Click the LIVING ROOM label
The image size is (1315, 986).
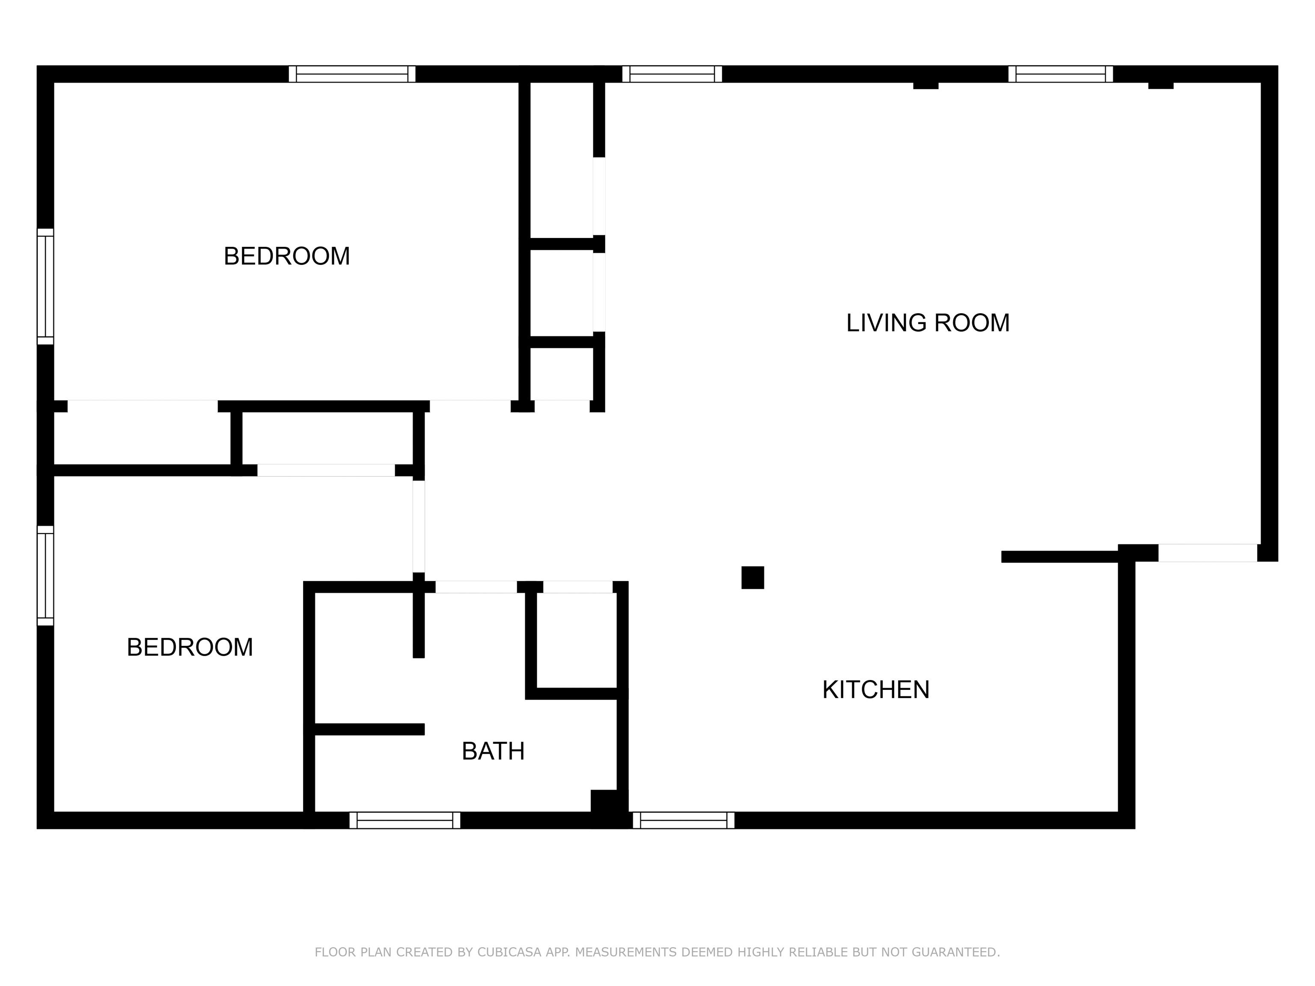[x=928, y=323]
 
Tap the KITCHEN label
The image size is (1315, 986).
[x=876, y=689]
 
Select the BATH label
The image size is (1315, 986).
[x=493, y=751]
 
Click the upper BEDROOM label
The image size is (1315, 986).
[x=286, y=256]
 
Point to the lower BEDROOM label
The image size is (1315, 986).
[x=190, y=647]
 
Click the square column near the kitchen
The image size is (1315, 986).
[x=753, y=578]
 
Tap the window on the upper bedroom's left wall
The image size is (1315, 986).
[x=46, y=286]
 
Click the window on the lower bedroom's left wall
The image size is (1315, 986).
[x=46, y=575]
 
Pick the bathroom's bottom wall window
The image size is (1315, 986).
[x=405, y=820]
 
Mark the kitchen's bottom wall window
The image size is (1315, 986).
[x=684, y=820]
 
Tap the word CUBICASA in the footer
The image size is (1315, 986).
[x=509, y=952]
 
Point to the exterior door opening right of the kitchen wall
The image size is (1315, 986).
[x=1208, y=553]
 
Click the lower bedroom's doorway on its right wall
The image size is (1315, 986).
[x=419, y=526]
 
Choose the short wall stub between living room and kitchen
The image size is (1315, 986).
[x=1060, y=557]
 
